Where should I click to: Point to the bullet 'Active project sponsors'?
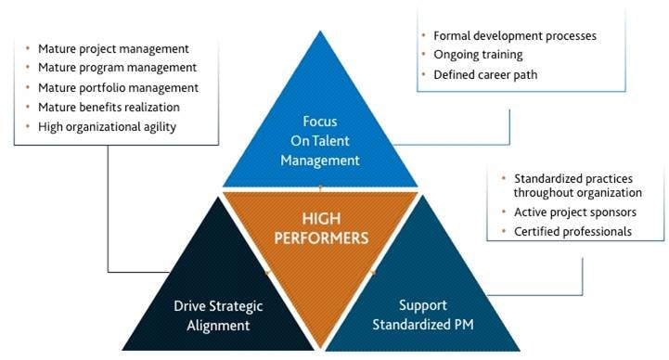pos(575,212)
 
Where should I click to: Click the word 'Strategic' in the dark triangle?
pos(232,306)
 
